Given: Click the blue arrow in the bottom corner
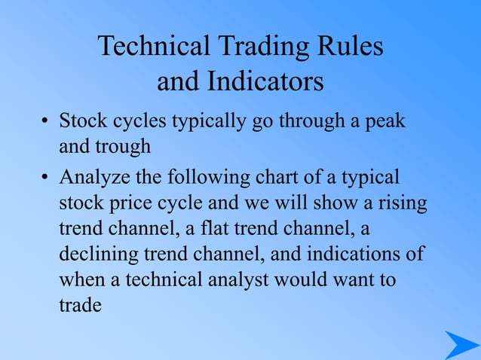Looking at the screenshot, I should point(460,344).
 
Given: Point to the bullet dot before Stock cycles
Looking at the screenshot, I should point(45,122).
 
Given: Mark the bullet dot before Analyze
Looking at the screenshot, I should point(45,179).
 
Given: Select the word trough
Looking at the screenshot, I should point(123,146).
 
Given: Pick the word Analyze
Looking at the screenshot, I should point(93,178).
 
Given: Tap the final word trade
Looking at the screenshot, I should point(80,306).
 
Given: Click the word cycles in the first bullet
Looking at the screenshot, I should point(139,121).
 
